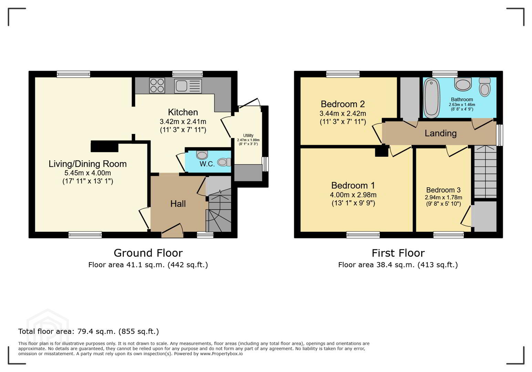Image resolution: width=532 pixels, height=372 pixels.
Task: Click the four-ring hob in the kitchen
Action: point(157,85)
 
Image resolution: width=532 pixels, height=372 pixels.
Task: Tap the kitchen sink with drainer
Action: point(188,86)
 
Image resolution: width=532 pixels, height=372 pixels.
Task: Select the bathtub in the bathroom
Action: point(431,98)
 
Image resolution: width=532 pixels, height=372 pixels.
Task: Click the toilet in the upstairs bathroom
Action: point(485,87)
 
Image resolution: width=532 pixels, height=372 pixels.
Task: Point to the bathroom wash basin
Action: point(463,84)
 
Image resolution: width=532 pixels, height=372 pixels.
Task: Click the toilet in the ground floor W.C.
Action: point(224,162)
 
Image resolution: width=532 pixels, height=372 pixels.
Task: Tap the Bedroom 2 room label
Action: point(342,104)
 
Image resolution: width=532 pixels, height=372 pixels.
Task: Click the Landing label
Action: point(441,133)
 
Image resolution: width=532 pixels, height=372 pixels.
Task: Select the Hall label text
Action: point(178,204)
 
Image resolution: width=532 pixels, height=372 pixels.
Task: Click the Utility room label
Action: point(248,135)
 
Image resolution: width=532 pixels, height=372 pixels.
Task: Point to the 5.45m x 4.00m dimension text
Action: point(88,173)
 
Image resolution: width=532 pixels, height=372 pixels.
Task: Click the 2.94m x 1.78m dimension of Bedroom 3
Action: point(443,197)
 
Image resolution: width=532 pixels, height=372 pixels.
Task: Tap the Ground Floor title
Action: point(148,253)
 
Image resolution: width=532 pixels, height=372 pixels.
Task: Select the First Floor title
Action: point(398,253)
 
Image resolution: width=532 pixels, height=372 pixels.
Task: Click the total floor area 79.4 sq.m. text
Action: point(89,331)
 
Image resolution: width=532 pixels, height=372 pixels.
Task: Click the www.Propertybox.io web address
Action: point(221,354)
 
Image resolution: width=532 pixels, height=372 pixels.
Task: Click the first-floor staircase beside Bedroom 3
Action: point(485,172)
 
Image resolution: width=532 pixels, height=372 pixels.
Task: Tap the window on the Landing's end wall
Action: point(500,135)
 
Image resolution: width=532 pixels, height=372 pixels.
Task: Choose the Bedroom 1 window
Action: point(363,235)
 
